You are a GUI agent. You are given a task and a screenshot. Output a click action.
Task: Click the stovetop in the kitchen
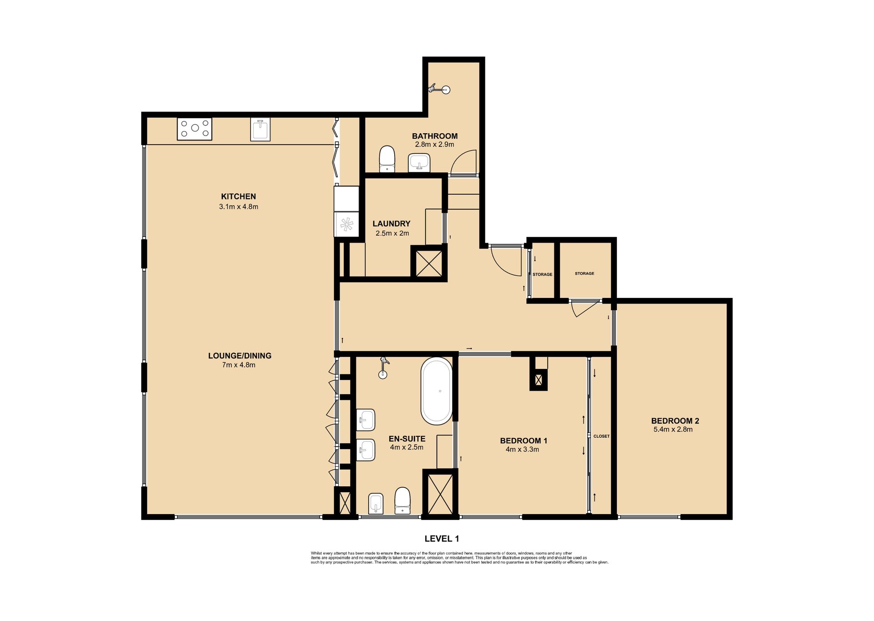click(194, 129)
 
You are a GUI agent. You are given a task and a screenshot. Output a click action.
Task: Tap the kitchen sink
click(261, 129)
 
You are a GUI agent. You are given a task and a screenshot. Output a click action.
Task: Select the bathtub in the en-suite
click(437, 391)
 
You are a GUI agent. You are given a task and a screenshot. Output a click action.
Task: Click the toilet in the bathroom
click(387, 159)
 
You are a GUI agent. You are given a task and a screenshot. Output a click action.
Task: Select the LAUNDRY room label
click(391, 223)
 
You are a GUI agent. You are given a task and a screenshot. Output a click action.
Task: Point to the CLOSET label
click(601, 436)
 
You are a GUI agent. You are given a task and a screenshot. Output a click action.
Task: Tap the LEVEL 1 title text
click(442, 539)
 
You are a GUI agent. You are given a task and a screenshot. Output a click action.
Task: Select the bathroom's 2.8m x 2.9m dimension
click(434, 145)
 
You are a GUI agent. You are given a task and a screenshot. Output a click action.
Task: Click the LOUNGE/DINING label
click(239, 356)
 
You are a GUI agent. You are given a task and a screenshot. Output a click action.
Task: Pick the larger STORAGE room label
click(584, 273)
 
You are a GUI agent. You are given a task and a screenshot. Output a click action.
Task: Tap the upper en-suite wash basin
click(366, 419)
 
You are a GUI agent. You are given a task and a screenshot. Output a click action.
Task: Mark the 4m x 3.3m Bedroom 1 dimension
click(523, 449)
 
